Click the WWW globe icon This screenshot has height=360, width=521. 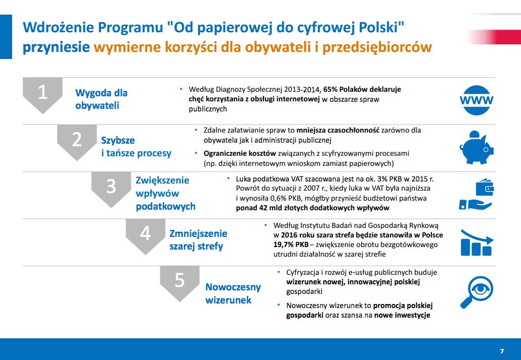pyautogui.click(x=476, y=99)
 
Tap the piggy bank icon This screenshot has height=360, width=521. pyautogui.click(x=476, y=147)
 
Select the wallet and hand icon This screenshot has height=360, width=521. pyautogui.click(x=476, y=195)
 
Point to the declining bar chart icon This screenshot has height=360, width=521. pyautogui.click(x=476, y=242)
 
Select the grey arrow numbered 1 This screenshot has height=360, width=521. pyautogui.click(x=43, y=94)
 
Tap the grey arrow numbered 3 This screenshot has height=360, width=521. pyautogui.click(x=111, y=188)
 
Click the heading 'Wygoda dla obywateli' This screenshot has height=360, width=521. pyautogui.click(x=101, y=99)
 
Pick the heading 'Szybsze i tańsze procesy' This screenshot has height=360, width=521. pyautogui.click(x=136, y=147)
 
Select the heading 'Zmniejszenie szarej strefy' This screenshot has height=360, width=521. pyautogui.click(x=198, y=240)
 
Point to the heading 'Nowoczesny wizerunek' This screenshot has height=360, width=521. pyautogui.click(x=233, y=293)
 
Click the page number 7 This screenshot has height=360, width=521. pyautogui.click(x=502, y=351)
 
